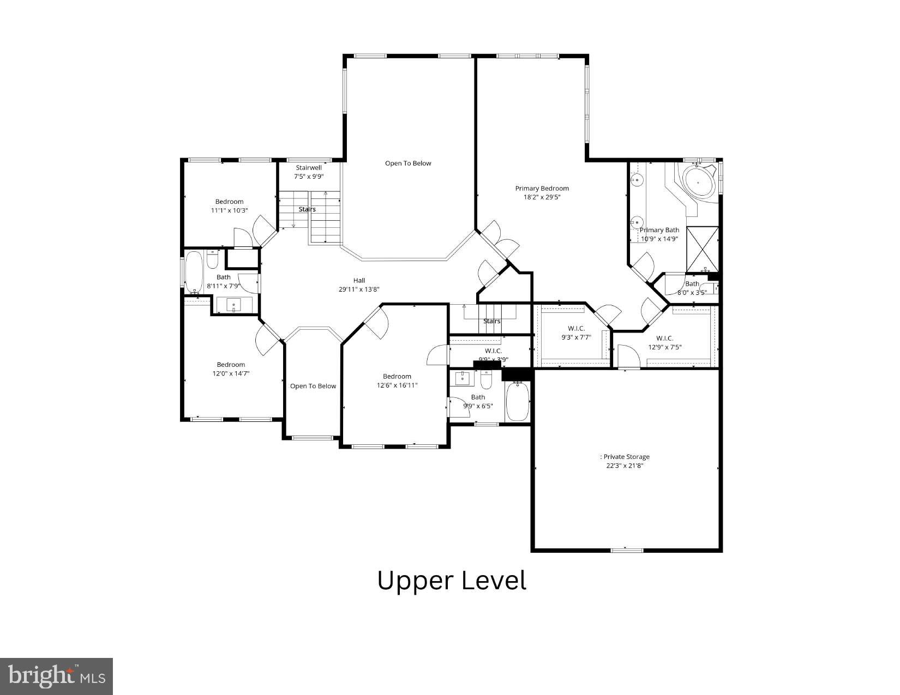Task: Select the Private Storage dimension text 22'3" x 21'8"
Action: pyautogui.click(x=625, y=466)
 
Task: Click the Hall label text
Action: pyautogui.click(x=359, y=280)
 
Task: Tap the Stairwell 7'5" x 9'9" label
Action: pyautogui.click(x=309, y=172)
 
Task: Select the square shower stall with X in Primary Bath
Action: pyautogui.click(x=703, y=249)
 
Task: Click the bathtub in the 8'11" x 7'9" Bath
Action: pyautogui.click(x=194, y=271)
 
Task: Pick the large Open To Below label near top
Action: pyautogui.click(x=407, y=163)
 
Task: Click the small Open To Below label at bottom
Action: pyautogui.click(x=313, y=386)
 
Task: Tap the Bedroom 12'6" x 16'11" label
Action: pyautogui.click(x=397, y=380)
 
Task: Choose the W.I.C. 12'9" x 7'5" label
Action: pyautogui.click(x=664, y=342)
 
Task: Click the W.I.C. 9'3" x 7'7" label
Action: pyautogui.click(x=576, y=333)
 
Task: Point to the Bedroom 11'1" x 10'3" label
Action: pyautogui.click(x=229, y=206)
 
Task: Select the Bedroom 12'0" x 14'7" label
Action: pyautogui.click(x=231, y=369)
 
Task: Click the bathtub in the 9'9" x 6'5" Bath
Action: pyautogui.click(x=517, y=401)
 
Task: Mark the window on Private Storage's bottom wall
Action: pyautogui.click(x=626, y=550)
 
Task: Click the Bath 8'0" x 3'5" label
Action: pyautogui.click(x=692, y=288)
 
